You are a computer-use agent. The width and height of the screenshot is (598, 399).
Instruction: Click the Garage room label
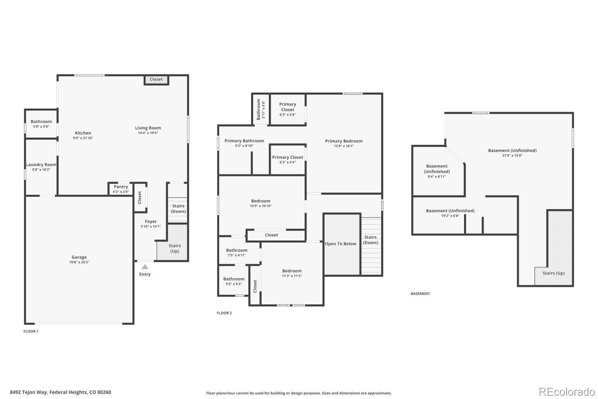coord(79,257)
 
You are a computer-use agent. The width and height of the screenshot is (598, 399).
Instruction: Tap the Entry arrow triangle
coord(145,267)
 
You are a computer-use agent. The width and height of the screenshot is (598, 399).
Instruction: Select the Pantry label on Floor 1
coord(121,187)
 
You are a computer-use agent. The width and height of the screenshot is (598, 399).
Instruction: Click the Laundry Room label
coord(41,165)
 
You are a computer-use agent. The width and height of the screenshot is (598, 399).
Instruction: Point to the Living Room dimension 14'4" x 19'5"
coord(148,133)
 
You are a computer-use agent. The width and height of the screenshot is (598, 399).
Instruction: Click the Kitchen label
coord(83,133)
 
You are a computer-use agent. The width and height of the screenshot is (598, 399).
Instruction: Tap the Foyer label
coord(151,221)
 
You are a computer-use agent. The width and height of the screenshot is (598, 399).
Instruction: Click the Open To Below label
coord(340,244)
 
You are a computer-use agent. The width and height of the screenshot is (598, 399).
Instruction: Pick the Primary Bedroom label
coord(344,141)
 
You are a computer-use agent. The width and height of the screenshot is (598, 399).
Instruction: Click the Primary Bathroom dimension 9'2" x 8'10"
coord(244,146)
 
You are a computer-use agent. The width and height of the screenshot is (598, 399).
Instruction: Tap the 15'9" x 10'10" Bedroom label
coord(261,201)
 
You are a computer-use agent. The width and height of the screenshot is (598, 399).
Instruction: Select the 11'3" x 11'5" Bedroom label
coord(292,271)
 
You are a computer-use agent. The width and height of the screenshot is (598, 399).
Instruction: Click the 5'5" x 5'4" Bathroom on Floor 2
coord(234,279)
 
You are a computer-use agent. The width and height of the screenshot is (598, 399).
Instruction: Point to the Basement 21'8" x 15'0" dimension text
coord(512,156)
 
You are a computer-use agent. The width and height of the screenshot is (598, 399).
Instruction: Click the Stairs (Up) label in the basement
coord(553,273)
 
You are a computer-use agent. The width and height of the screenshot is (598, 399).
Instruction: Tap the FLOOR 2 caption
coord(224,313)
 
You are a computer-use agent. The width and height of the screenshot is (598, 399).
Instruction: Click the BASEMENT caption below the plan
coord(420,294)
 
